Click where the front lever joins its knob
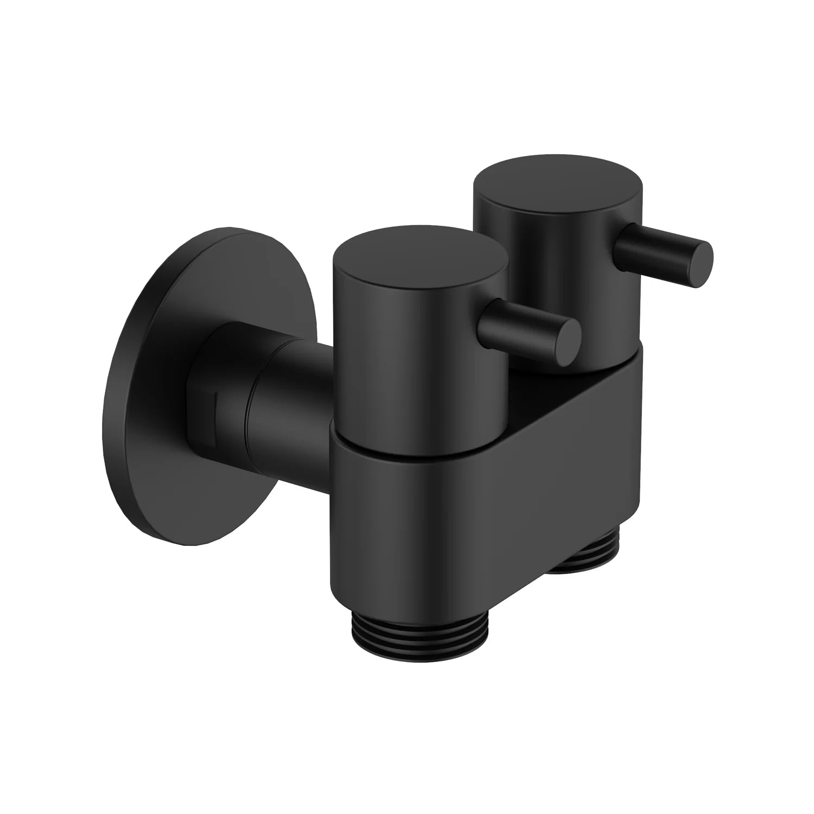(491, 315)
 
